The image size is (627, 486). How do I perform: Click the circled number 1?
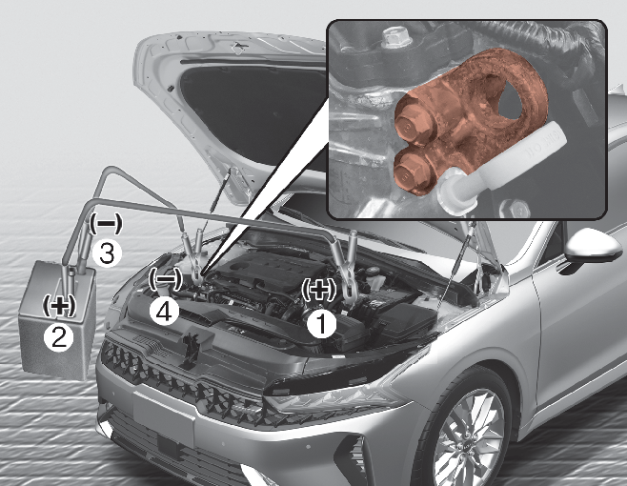tap(321, 324)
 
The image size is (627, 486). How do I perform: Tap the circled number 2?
tap(59, 337)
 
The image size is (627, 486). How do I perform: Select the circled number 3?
tap(107, 253)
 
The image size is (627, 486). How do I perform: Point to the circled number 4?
tap(164, 313)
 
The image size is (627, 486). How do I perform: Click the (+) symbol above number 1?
tap(318, 289)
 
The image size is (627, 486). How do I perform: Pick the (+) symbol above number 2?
tap(59, 306)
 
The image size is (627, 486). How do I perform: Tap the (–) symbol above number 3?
tap(105, 223)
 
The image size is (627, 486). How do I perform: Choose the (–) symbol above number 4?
tap(165, 278)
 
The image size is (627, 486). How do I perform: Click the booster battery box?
tap(58, 320)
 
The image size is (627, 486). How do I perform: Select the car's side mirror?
tap(593, 248)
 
